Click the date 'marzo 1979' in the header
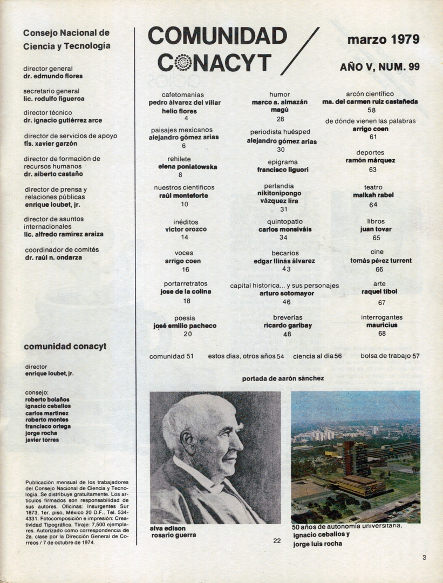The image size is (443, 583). pos(383,39)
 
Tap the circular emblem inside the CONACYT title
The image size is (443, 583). pos(183,63)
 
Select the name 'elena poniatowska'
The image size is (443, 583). pos(184,167)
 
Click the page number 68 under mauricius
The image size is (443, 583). pos(381,334)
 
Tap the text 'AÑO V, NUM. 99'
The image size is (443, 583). pos(380,67)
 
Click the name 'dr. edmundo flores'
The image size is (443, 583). pos(53,76)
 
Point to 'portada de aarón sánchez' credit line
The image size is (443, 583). pos(283,378)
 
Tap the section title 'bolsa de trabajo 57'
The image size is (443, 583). pos(390,356)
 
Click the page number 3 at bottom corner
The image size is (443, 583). pos(424,558)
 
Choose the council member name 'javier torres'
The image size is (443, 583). pos(42,439)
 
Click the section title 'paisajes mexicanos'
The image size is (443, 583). pos(181,130)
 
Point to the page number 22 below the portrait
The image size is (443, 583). pos(277,540)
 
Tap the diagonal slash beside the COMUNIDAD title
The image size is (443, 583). pos(299,51)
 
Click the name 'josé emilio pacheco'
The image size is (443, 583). pos(185,326)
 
